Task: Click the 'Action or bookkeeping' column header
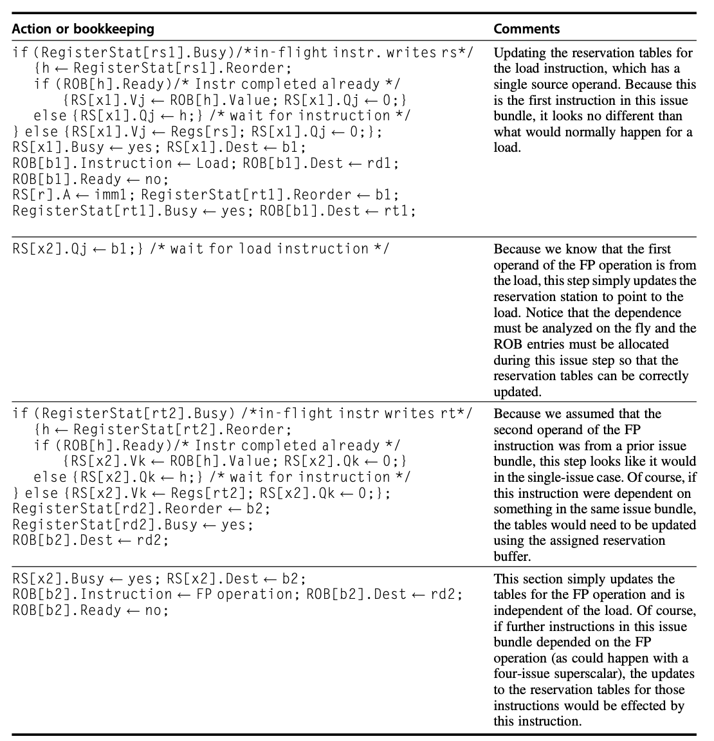pyautogui.click(x=83, y=29)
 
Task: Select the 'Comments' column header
pyautogui.click(x=526, y=29)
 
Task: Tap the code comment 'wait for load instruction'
pyautogui.click(x=270, y=249)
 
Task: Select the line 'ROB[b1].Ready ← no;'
pyautogui.click(x=90, y=179)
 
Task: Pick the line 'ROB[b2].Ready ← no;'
pyautogui.click(x=90, y=610)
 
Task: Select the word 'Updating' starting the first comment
pyautogui.click(x=518, y=53)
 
